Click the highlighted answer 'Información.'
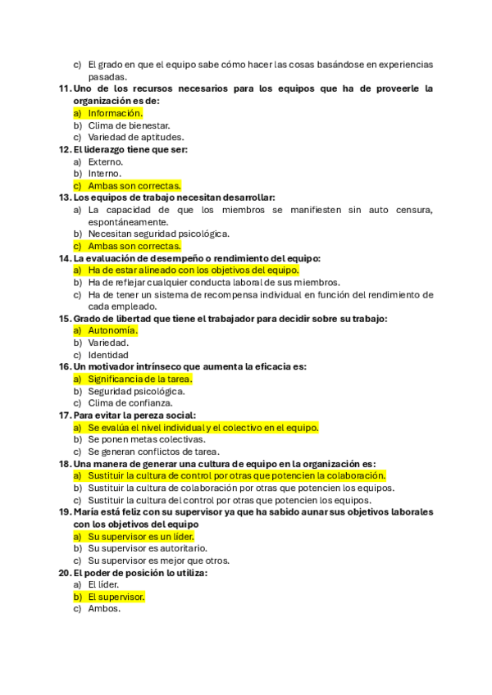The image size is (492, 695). point(115,113)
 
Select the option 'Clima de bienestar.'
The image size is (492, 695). point(129,125)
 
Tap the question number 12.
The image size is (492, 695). point(65,149)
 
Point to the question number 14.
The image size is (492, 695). point(65,258)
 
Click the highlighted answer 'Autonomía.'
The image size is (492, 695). point(112,330)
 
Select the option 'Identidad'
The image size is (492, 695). point(108,355)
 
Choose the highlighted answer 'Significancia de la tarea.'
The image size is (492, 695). point(140,379)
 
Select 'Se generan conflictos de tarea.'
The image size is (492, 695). point(153,451)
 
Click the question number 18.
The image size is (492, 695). point(65,463)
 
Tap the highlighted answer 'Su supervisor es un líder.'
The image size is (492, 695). point(141,536)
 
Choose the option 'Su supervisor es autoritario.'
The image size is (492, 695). point(148,547)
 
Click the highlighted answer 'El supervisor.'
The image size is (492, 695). point(116,597)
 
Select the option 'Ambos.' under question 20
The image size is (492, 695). point(104,609)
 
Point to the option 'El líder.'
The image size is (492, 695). point(103,584)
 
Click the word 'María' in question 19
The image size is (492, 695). point(87,511)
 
